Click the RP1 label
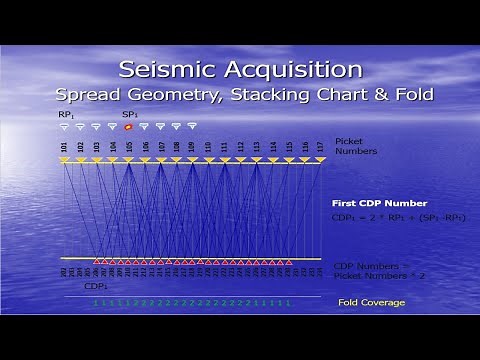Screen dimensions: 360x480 point(66,114)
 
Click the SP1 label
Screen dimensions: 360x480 point(130,114)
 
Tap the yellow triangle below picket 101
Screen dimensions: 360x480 point(64,160)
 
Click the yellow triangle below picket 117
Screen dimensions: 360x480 point(320,160)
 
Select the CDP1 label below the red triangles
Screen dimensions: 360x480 point(96,285)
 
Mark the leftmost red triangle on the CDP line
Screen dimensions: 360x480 point(97,260)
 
